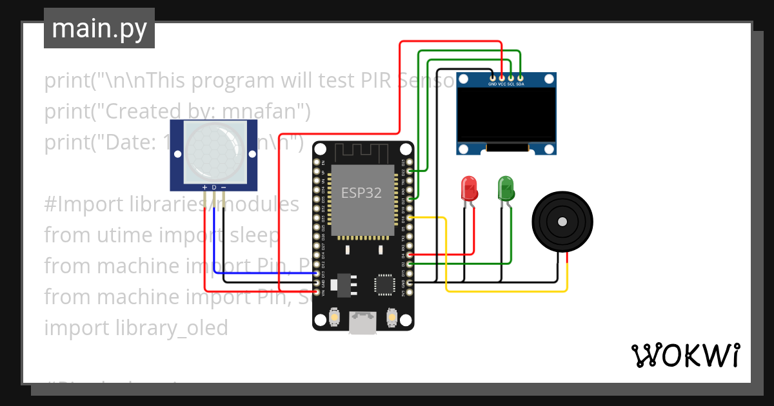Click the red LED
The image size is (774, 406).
tap(469, 188)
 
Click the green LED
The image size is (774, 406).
tap(506, 188)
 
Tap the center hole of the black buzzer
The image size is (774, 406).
tap(562, 222)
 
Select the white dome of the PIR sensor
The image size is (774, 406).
tap(214, 152)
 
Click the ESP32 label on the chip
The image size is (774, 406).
tap(361, 193)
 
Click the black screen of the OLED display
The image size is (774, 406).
tap(506, 114)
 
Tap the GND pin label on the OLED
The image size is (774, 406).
tap(492, 84)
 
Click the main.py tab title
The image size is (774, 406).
tap(99, 28)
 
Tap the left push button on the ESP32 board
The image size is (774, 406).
tap(335, 317)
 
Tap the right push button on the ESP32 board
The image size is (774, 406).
tap(391, 317)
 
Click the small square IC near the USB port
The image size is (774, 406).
tap(384, 284)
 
